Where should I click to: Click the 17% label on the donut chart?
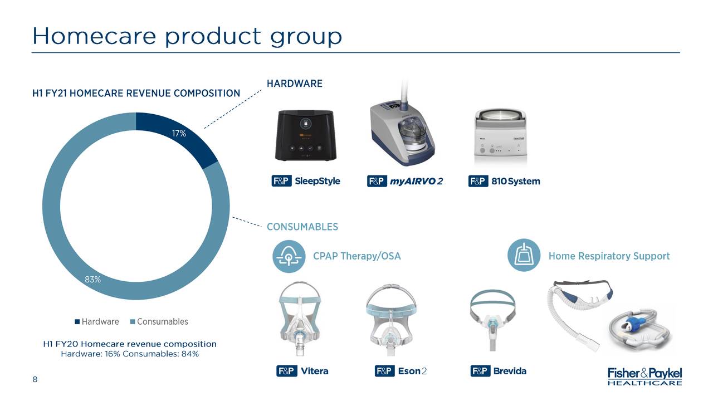coord(179,133)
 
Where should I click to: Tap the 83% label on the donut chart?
coord(92,280)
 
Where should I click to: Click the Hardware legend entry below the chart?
coord(97,321)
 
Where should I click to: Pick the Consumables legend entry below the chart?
coord(159,321)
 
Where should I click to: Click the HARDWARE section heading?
coord(295,84)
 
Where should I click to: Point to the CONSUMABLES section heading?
coord(302,227)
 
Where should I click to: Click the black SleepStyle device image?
coord(306,135)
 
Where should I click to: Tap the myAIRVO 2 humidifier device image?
coord(403,128)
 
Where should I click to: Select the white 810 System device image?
coord(500,138)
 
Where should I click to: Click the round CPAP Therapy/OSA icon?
coord(289,256)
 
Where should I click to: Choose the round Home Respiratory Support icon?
coord(524,255)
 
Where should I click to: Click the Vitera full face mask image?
coord(299,318)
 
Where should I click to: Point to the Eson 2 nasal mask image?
coord(391,320)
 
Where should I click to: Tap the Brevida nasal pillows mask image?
coord(493,320)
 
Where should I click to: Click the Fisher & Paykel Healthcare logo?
coord(645,376)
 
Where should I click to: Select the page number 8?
coord(35,379)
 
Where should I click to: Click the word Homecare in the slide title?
coord(94,36)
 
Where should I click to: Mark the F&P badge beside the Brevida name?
coord(480,371)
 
